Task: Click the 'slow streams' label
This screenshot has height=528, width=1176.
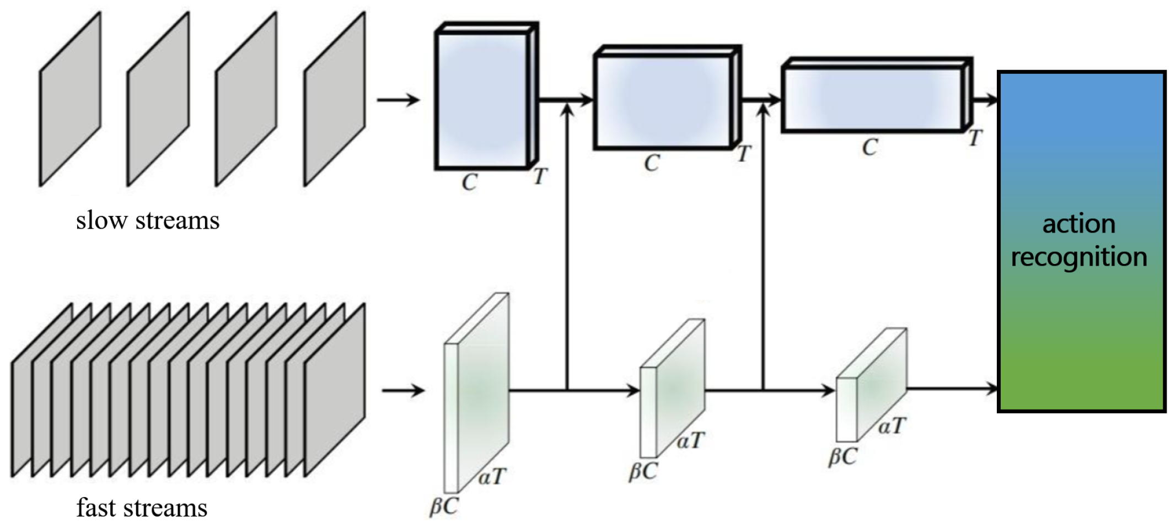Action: [147, 220]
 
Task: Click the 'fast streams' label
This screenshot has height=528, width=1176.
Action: [142, 508]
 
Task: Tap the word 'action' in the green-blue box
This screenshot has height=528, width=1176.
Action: [1078, 224]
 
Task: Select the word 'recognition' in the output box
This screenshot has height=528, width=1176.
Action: [1078, 257]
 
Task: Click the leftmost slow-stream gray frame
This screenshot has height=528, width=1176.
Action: [70, 100]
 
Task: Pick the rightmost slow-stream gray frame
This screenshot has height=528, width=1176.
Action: [335, 100]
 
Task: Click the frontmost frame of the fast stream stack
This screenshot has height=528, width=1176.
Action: [335, 390]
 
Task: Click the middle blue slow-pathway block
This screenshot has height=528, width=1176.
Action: [664, 101]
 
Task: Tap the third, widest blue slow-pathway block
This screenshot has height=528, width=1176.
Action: [873, 99]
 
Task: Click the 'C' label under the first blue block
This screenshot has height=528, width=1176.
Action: [469, 182]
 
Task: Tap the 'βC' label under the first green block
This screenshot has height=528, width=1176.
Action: [444, 506]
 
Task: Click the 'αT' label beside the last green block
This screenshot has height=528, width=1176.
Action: [892, 426]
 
